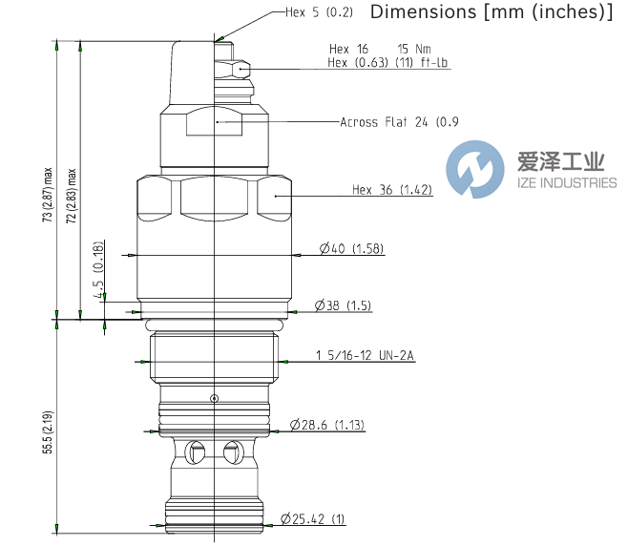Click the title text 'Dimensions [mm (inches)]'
(491, 12)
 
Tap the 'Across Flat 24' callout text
(399, 122)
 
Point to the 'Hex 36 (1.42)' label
(391, 190)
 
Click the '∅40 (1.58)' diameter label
(350, 250)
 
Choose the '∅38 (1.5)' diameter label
(343, 306)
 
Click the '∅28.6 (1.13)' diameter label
(327, 424)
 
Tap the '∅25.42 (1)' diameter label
(313, 520)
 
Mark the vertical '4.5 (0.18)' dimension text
(99, 284)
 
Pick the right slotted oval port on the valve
(230, 451)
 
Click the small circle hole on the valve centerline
(215, 398)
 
